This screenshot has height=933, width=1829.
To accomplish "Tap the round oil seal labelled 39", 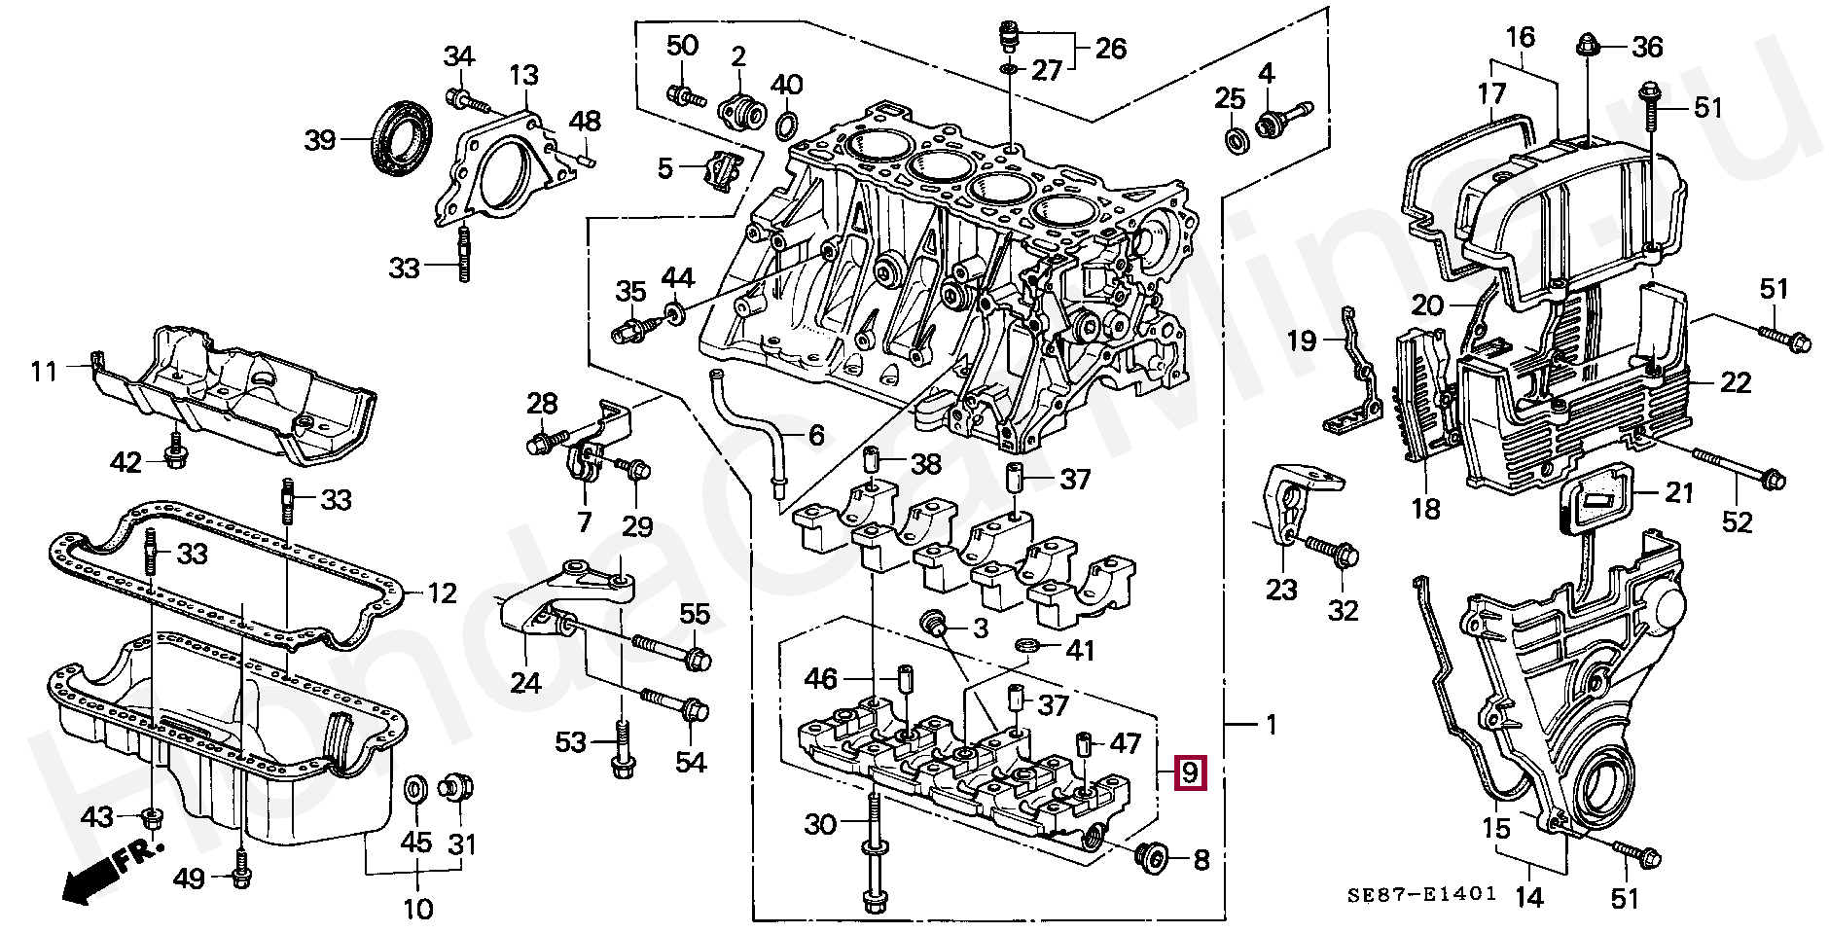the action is tap(405, 138).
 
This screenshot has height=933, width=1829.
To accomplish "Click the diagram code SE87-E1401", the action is tap(1421, 895).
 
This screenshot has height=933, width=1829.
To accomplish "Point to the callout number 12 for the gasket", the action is tap(443, 592).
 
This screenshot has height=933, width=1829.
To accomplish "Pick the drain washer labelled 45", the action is tap(413, 789).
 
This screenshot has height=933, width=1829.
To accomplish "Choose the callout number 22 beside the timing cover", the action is tap(1736, 382).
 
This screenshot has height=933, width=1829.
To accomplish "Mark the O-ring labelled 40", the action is tap(787, 125).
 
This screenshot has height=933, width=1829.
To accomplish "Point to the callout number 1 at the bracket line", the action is tap(1271, 724).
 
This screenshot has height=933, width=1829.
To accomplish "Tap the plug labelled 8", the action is tap(1153, 856).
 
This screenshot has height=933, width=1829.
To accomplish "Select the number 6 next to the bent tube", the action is tap(816, 435).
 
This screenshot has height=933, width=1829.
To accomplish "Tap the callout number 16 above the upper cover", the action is tap(1521, 37).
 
